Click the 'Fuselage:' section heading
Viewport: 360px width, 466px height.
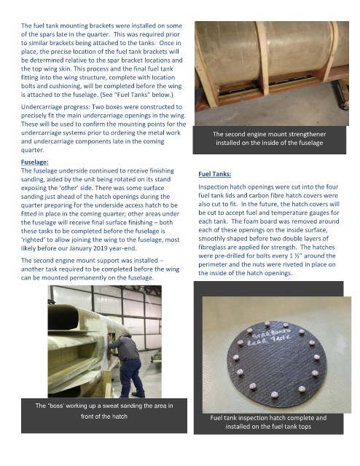pos(34,162)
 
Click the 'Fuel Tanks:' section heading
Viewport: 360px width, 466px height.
pos(215,174)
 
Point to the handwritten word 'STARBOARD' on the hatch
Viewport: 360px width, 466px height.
pos(271,333)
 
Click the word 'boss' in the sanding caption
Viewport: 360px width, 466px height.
pos(58,406)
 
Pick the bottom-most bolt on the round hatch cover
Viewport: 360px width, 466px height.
pos(274,395)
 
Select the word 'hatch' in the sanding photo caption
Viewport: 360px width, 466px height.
pos(120,416)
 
